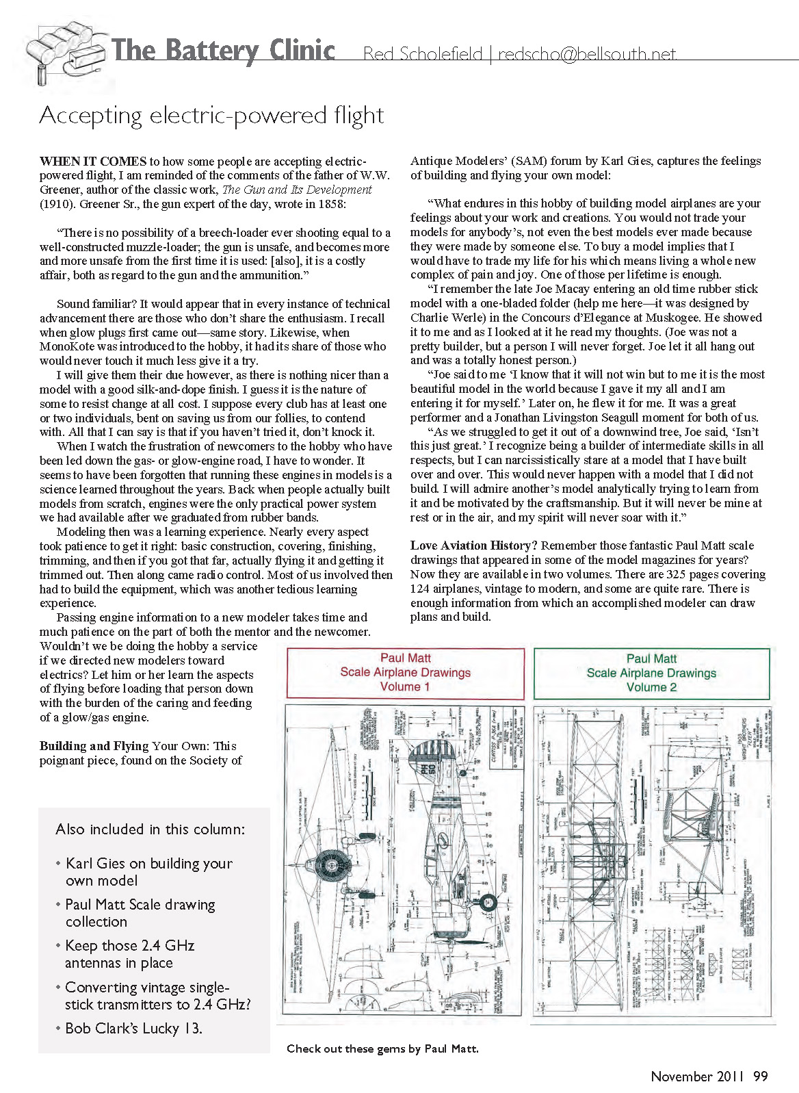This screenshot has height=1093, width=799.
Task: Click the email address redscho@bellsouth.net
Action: coord(587,54)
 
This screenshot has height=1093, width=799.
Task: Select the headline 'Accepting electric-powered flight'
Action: coord(211,115)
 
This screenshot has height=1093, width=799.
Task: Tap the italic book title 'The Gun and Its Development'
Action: coord(297,190)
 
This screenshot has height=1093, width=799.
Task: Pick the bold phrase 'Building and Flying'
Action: coord(94,746)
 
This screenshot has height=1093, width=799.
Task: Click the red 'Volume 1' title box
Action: coord(405,673)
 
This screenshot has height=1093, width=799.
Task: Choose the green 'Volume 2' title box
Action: coord(651,673)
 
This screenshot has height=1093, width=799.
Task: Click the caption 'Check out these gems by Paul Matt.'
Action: coord(382,1049)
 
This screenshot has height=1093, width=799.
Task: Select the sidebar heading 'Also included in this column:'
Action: coord(150,830)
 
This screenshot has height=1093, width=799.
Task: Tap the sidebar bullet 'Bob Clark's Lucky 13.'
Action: coord(133,1028)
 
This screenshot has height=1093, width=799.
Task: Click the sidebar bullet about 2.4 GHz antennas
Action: coord(129,954)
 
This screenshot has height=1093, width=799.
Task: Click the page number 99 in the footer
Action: coord(761,1076)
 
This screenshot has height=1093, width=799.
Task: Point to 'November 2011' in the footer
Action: coord(697,1076)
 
